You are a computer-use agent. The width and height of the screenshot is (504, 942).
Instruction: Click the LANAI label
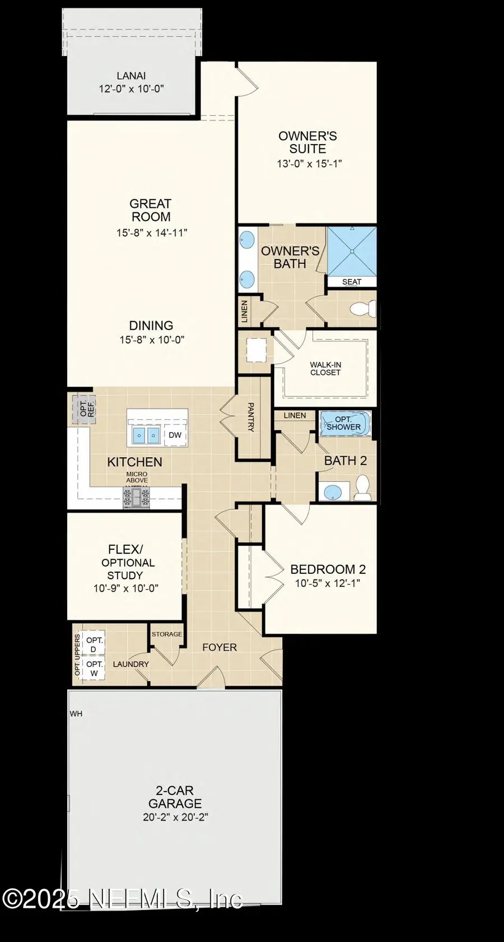pos(132,76)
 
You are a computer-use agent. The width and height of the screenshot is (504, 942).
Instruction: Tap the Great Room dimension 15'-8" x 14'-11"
pos(152,233)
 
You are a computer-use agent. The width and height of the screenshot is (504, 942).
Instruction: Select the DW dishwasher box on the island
pos(175,435)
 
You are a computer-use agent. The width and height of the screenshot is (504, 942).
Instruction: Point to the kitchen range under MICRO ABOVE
pos(137,496)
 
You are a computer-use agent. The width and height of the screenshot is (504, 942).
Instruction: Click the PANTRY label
pos(250,417)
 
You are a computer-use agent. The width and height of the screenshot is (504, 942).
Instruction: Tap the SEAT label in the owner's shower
pos(352,282)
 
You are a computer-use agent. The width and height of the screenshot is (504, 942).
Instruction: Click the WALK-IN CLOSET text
pos(325,369)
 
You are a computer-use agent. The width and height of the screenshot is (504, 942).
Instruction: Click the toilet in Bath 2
pos(363,488)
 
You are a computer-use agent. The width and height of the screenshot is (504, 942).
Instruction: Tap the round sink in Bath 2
pos(333,493)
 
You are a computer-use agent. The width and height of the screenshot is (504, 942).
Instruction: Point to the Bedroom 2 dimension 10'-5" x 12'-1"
pos(328,583)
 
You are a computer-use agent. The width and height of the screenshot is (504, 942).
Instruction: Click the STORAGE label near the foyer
pos(167,634)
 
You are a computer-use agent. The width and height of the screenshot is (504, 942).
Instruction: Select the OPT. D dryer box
pos(94,644)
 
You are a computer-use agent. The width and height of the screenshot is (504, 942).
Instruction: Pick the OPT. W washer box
pos(94,669)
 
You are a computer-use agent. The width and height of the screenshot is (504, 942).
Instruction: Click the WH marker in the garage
pos(76,713)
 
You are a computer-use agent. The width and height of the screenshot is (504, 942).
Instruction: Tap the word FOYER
pos(220,647)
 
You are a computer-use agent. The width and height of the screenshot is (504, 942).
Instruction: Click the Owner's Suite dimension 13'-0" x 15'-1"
pos(309,164)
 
